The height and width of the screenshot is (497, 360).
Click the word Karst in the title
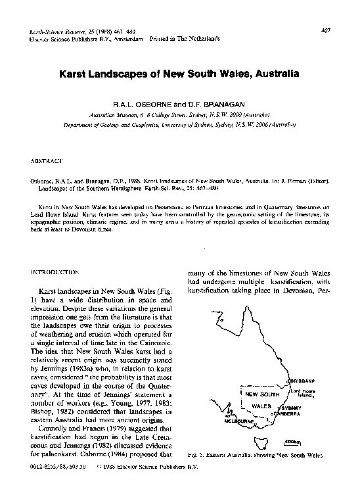pos(75,74)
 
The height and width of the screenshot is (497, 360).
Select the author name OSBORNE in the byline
pos(154,104)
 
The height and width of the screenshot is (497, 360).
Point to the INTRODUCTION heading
pos(56,272)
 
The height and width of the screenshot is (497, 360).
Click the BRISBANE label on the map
pos(309,381)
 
